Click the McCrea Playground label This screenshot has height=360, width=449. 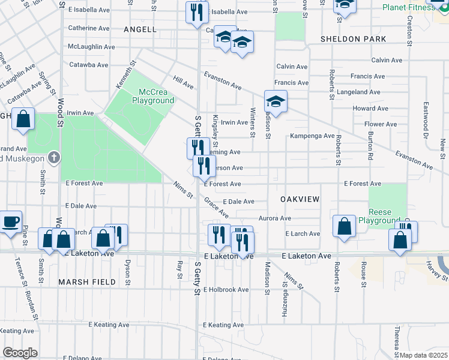[156, 96]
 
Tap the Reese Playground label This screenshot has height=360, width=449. [379, 217]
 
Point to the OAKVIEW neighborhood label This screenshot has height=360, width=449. [299, 199]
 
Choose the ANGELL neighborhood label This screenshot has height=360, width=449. [140, 29]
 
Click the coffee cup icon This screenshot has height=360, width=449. [10, 222]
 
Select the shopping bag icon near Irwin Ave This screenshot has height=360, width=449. [23, 119]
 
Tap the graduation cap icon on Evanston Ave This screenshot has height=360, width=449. [276, 101]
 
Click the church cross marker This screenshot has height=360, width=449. [54, 157]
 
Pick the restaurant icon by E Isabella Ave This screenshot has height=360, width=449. [196, 12]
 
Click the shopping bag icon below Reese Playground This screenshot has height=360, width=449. [400, 239]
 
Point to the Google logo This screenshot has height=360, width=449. [20, 353]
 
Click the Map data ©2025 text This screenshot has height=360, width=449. [423, 355]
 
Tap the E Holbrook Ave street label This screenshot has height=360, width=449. [226, 290]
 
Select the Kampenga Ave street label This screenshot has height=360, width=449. [312, 136]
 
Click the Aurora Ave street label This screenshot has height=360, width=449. [275, 218]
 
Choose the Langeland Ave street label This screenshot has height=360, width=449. [359, 92]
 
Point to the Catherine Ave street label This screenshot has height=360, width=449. [88, 28]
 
